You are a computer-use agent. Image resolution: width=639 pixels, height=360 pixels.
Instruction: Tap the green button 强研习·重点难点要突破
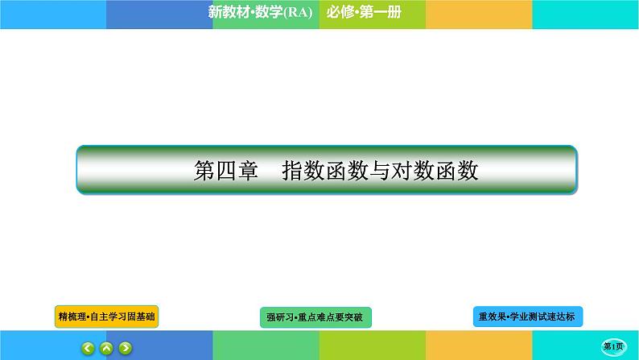(317, 317)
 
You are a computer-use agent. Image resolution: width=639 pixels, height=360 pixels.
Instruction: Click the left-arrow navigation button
(87, 348)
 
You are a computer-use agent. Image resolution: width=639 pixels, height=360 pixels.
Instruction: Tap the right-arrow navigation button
(126, 348)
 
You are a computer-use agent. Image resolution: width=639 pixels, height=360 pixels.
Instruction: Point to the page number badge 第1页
(615, 346)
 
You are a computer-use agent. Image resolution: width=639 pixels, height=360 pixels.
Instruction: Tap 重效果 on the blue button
(493, 317)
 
